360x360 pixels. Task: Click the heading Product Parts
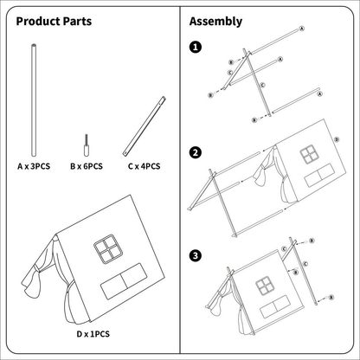54,22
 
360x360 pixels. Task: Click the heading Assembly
215,22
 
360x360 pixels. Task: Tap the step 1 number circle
196,47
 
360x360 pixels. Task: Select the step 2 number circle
196,152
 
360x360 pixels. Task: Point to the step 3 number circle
196,255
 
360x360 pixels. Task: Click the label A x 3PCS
34,166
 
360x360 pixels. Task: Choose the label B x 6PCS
87,166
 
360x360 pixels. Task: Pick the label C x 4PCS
144,166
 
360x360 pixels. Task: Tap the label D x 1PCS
93,334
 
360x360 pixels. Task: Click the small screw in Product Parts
86,145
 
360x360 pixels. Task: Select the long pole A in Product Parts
34,100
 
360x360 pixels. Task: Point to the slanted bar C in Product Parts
145,126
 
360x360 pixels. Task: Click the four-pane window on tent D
108,249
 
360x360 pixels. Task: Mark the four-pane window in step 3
264,286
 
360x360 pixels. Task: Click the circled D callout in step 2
337,139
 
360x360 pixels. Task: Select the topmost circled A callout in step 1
302,29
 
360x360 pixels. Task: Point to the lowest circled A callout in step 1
319,94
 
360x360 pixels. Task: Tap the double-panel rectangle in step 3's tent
275,306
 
